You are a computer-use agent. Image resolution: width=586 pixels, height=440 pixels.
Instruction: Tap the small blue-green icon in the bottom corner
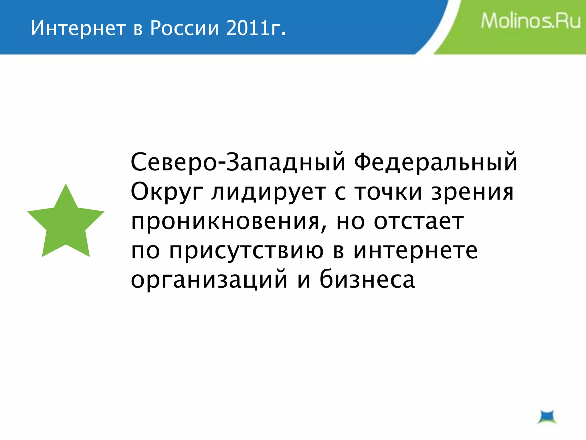click(x=547, y=417)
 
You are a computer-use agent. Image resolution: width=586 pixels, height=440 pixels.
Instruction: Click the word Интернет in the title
click(x=78, y=28)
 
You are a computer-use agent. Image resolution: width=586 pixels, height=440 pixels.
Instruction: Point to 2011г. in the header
click(x=256, y=28)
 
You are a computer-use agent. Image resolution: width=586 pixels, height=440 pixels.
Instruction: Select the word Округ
click(x=167, y=192)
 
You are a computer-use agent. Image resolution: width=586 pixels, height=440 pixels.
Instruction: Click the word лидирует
click(x=269, y=192)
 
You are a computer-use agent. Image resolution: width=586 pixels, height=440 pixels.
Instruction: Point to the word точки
click(x=388, y=192)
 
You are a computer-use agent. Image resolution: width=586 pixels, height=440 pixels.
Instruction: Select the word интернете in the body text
click(x=415, y=251)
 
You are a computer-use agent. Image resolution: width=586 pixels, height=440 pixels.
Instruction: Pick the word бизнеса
click(x=367, y=279)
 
